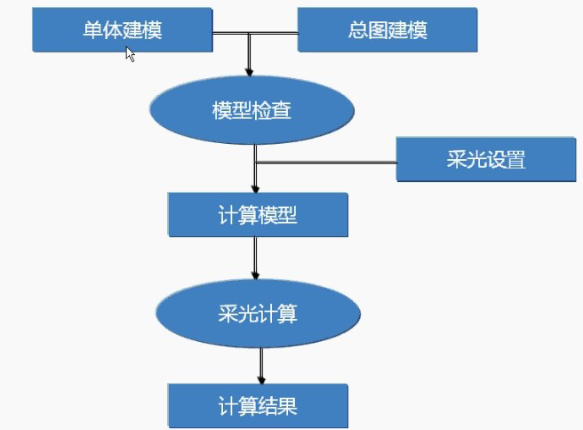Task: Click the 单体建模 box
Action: (x=123, y=29)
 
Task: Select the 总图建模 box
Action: (x=387, y=29)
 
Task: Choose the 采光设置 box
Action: (x=486, y=160)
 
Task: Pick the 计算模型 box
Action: (x=257, y=215)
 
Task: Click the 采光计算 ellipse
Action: (x=258, y=313)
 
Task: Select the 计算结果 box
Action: (x=257, y=407)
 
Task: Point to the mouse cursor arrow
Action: (x=129, y=52)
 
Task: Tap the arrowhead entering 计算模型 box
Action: (x=256, y=188)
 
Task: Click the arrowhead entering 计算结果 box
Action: (x=261, y=379)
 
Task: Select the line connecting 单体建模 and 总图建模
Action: (x=254, y=36)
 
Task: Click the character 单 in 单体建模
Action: (x=92, y=30)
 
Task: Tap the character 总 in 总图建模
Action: (x=358, y=30)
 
